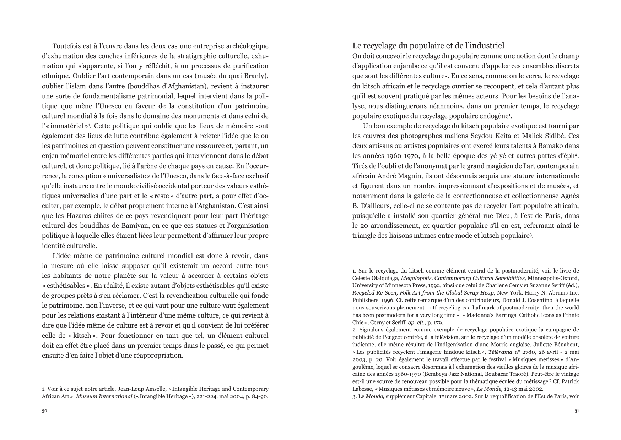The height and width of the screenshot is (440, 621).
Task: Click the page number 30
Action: click(44, 411)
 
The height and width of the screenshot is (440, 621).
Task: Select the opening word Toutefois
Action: click(67, 46)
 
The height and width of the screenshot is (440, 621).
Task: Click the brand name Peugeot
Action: click(392, 337)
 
